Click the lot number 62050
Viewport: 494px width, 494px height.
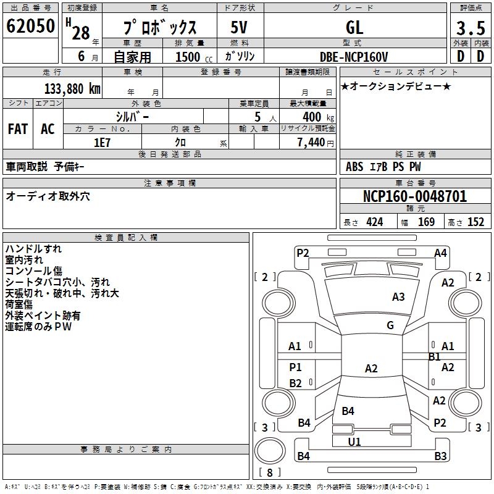tap(30, 26)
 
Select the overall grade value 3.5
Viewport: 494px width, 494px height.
tap(471, 28)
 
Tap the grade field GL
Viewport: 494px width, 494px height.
tap(354, 27)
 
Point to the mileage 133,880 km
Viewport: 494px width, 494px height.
tap(72, 89)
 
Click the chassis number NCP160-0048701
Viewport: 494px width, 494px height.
tap(415, 196)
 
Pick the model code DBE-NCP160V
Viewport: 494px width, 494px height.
tap(354, 57)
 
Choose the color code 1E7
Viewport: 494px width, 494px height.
tap(102, 143)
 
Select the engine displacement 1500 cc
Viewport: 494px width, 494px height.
tap(194, 57)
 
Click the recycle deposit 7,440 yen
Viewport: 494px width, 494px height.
tap(316, 143)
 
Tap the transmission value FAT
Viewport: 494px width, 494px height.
tap(18, 129)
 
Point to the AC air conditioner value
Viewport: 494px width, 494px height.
tap(48, 129)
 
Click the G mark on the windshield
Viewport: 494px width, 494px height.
tap(390, 325)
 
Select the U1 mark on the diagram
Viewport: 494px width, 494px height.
tap(354, 442)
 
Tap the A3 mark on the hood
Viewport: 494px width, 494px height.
tap(398, 297)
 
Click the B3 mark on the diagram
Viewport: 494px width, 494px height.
tap(440, 456)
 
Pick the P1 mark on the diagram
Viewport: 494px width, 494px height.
tap(296, 367)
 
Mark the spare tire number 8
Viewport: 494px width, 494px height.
tap(270, 472)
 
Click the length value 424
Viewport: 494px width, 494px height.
tap(375, 222)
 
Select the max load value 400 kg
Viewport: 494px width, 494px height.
tap(318, 117)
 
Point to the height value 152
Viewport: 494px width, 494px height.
tap(475, 222)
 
